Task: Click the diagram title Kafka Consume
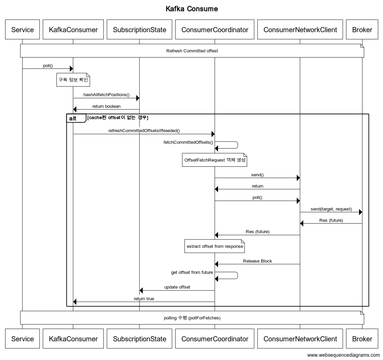point(192,9)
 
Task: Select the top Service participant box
point(22,30)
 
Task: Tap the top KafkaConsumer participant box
point(73,30)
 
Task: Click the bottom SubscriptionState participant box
point(139,339)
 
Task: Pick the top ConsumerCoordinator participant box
point(215,30)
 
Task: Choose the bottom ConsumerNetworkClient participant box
point(300,339)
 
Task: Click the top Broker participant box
point(362,30)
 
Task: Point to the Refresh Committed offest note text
point(192,51)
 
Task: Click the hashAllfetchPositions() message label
point(106,95)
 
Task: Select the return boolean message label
point(106,106)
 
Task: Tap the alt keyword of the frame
point(73,119)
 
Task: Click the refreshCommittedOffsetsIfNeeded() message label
point(144,131)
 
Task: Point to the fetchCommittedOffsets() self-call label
point(188,142)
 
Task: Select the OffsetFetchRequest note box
point(215,160)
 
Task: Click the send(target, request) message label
point(331,209)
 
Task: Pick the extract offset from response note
point(215,246)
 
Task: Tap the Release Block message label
point(257,261)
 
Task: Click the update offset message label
point(177,287)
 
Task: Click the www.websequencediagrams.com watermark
point(343,355)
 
